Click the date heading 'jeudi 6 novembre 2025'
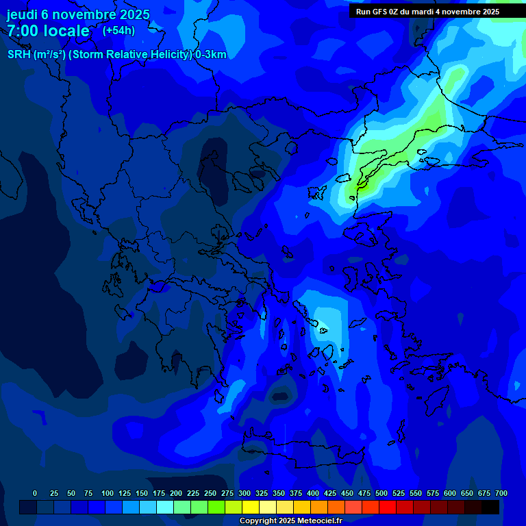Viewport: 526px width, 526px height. coord(78,14)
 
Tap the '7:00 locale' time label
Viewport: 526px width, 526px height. coord(48,31)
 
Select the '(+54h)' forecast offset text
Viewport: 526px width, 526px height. coord(118,31)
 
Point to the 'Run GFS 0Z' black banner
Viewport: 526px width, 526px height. coord(427,12)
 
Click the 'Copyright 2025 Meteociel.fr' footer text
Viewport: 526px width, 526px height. coord(290,521)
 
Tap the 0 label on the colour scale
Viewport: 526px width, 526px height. coord(35,493)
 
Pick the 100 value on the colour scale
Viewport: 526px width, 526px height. coord(108,493)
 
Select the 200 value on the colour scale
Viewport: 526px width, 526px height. coord(176,493)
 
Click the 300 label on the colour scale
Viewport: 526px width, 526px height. coord(245,493)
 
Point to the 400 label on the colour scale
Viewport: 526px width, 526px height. coord(313,493)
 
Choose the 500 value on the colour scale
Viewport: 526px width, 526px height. coord(381,493)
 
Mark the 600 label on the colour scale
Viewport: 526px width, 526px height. coord(450,493)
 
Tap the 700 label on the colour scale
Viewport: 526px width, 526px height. coord(501,493)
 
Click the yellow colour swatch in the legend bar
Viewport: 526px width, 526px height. coord(251,507)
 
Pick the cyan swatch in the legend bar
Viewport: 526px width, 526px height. coord(165,507)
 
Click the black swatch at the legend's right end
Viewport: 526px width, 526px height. coord(490,507)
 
